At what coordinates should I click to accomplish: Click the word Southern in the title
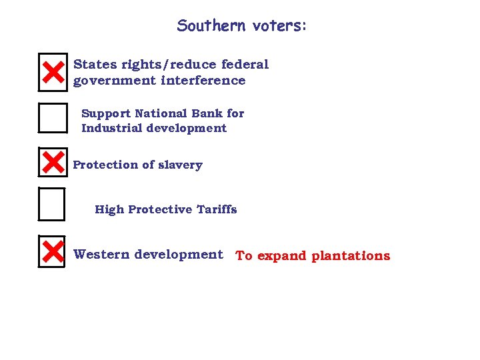[x=211, y=26]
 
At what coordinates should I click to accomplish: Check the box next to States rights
[x=53, y=72]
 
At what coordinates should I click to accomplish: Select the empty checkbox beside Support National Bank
[x=53, y=119]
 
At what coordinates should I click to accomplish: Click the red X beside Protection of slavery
[x=52, y=163]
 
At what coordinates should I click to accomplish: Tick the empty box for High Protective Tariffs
[x=52, y=204]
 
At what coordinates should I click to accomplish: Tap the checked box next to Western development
[x=52, y=251]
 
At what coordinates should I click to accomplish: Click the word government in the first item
[x=114, y=81]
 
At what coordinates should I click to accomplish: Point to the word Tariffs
[x=217, y=209]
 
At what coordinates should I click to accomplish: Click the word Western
[x=101, y=255]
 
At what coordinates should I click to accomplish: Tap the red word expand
[x=279, y=256]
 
